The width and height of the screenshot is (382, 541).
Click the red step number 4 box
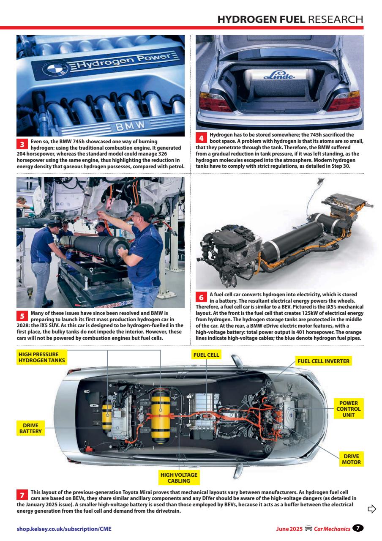tap(202, 138)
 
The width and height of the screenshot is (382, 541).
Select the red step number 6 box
tap(202, 297)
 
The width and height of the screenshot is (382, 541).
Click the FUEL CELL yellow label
tap(206, 355)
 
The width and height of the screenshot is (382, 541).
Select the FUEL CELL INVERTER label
tap(324, 361)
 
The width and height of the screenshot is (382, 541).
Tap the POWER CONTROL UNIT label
tap(349, 409)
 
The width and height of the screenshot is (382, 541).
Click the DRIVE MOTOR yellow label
tap(352, 459)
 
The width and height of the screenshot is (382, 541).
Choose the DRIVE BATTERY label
tap(30, 428)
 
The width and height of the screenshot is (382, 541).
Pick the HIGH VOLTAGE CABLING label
tap(179, 478)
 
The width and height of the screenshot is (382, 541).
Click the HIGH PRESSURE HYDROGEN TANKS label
tap(41, 357)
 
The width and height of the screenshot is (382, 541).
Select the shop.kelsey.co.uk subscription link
tap(64, 529)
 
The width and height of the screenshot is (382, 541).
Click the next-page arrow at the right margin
tap(371, 508)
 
